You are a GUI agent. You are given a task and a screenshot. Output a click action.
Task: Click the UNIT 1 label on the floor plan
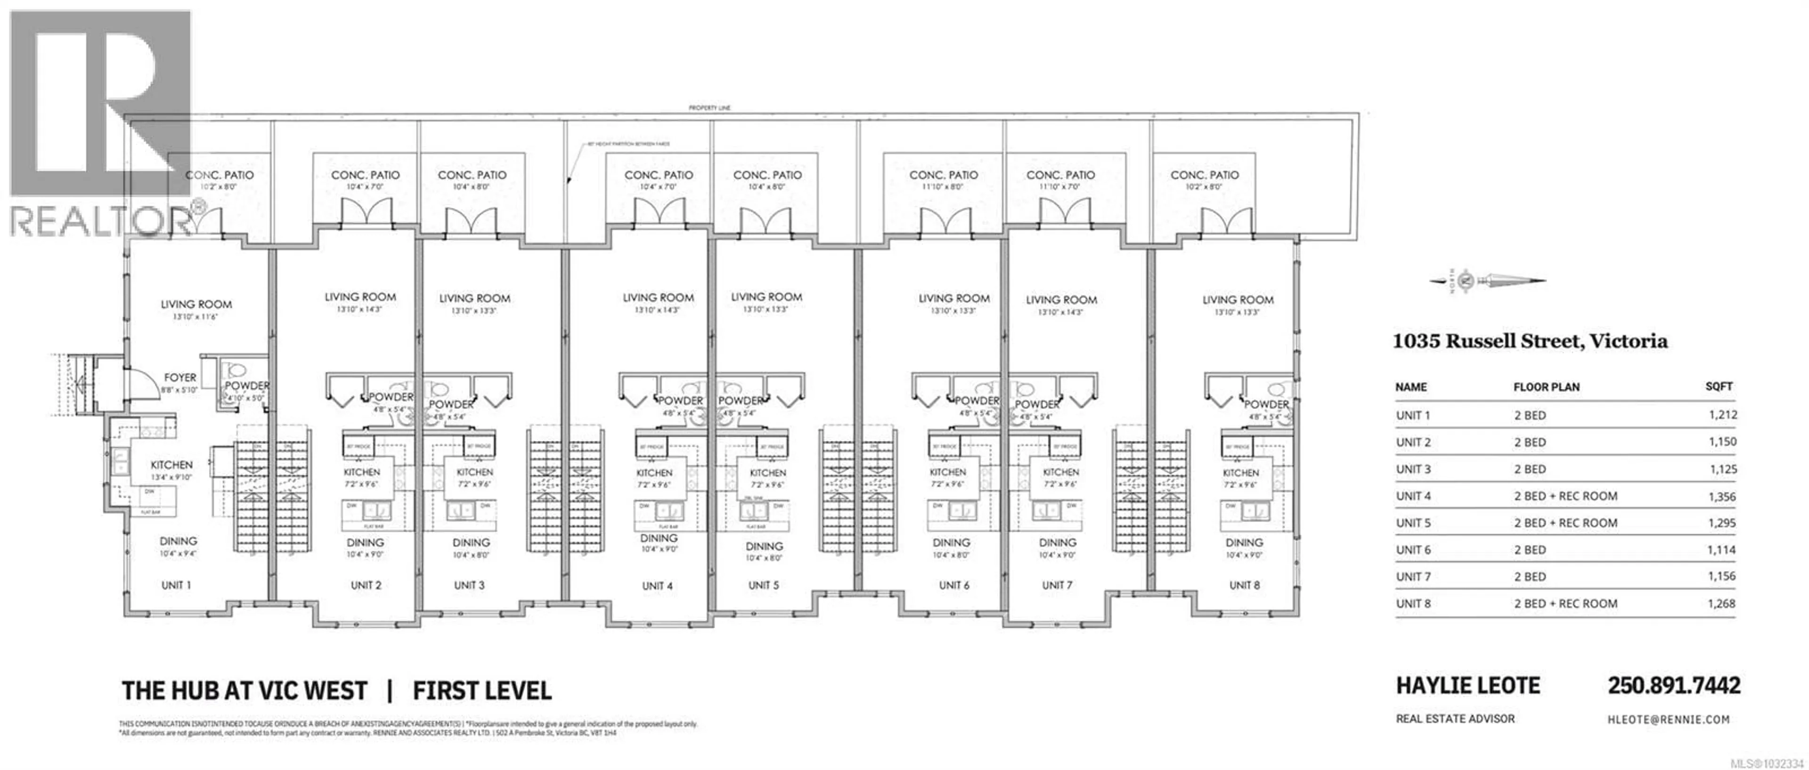[x=176, y=585]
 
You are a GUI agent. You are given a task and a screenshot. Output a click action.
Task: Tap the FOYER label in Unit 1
[x=180, y=378]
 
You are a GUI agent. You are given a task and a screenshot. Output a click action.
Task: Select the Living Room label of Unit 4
[x=658, y=298]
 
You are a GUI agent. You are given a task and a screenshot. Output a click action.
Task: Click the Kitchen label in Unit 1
[x=171, y=465]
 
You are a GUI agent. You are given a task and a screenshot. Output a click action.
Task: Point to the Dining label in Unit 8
[x=1244, y=543]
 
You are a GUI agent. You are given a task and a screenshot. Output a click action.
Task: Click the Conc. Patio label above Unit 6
[x=943, y=175]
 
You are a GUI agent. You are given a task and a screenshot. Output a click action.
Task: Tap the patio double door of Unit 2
[x=365, y=212]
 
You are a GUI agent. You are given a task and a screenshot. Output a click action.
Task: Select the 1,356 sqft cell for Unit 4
[x=1721, y=497]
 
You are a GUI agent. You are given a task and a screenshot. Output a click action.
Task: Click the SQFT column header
[x=1719, y=386]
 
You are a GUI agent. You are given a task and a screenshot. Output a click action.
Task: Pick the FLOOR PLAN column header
[x=1546, y=387]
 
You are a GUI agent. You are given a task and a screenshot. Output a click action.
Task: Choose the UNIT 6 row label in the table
[x=1413, y=550]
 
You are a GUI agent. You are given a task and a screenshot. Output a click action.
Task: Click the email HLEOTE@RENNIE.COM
[x=1668, y=720]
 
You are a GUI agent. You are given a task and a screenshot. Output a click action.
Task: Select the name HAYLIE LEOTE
[x=1468, y=686]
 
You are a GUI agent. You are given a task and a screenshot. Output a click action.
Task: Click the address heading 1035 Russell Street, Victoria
[x=1530, y=342]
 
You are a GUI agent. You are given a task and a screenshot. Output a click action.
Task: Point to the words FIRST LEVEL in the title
[x=482, y=691]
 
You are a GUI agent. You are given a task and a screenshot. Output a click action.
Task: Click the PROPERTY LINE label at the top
[x=709, y=108]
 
